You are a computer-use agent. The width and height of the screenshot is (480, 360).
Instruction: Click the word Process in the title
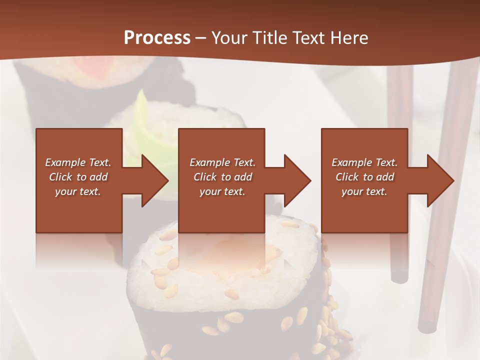click(157, 38)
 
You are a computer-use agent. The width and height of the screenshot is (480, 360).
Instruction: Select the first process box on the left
click(79, 210)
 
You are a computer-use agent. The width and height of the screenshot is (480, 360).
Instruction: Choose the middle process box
click(221, 210)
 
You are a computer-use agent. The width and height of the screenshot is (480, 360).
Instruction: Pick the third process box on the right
click(364, 210)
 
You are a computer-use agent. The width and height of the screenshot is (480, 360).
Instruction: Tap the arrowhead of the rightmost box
click(439, 180)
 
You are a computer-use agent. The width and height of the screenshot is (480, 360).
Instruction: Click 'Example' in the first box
click(65, 162)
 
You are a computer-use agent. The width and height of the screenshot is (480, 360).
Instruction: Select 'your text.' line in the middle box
click(222, 191)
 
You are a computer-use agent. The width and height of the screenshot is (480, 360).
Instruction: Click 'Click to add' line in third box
click(365, 177)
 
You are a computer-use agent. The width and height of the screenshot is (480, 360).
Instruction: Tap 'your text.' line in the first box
click(78, 191)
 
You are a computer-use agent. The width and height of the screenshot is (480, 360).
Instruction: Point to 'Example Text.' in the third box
click(364, 162)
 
